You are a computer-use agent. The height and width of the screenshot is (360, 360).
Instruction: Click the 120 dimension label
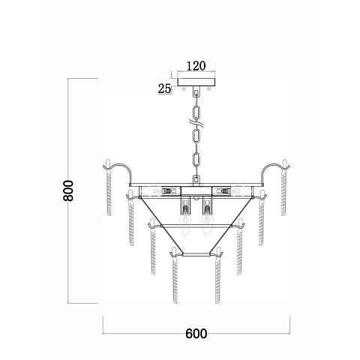(x=196, y=66)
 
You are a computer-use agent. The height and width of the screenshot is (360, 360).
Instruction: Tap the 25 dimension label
(x=164, y=88)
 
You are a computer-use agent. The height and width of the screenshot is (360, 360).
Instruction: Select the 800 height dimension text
(x=68, y=190)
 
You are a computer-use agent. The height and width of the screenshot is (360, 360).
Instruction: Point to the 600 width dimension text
(x=196, y=334)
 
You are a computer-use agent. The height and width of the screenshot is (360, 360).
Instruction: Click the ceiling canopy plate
(x=196, y=82)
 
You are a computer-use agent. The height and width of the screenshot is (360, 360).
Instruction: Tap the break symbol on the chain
(x=196, y=123)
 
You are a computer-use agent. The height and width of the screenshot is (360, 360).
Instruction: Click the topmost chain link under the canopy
(x=196, y=91)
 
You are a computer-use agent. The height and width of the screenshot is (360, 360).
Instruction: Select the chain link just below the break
(x=196, y=136)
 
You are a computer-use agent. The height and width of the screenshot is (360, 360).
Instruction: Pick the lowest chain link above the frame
(x=196, y=180)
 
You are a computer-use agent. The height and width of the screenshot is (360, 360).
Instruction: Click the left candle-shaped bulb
(x=185, y=223)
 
